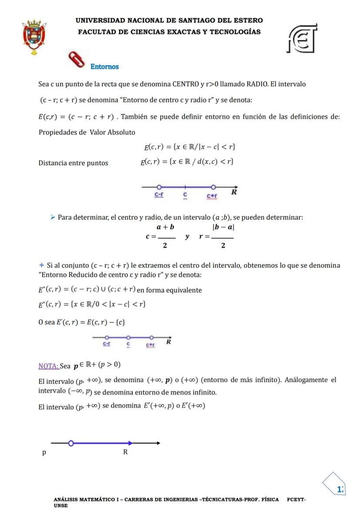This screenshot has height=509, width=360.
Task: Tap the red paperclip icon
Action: coord(77,60)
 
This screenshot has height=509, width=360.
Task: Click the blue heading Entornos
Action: coord(104,67)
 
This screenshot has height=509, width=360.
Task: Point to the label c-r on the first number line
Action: coord(159,196)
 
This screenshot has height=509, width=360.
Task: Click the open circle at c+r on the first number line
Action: coord(213,187)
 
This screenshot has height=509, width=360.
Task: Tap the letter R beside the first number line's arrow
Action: coord(234,192)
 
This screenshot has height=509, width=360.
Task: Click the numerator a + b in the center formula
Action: coord(166,227)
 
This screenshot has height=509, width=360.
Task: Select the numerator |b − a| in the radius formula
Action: coord(223,227)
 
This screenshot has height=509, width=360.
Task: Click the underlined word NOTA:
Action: coord(48,366)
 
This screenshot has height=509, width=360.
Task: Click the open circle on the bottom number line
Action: coord(71,443)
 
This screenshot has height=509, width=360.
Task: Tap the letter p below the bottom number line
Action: coord(44,452)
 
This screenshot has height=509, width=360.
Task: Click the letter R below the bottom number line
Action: coord(125,452)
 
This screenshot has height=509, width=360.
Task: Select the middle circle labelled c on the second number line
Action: coord(128,337)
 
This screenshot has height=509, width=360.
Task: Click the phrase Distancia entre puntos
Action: coord(73,163)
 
